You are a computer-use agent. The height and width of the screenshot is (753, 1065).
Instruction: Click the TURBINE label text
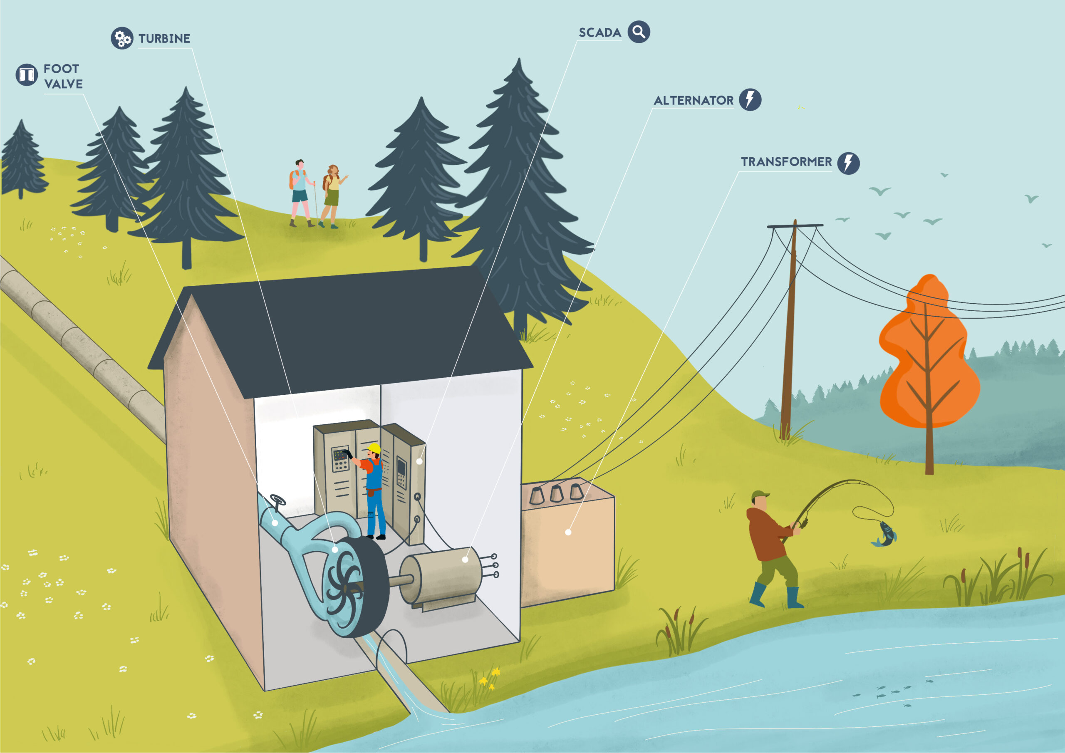click(x=164, y=39)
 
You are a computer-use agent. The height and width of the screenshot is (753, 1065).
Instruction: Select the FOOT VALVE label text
click(x=63, y=76)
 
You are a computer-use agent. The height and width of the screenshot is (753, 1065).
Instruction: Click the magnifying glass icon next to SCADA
click(x=639, y=32)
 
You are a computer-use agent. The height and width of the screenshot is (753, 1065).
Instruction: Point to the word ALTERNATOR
click(x=693, y=100)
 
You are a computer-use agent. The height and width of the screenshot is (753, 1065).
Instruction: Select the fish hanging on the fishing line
click(x=885, y=534)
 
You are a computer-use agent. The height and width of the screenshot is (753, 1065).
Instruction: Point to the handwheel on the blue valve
click(x=277, y=500)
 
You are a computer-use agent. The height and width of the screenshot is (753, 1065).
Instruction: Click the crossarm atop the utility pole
click(x=795, y=226)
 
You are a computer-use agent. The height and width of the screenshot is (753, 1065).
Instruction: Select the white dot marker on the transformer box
click(x=568, y=532)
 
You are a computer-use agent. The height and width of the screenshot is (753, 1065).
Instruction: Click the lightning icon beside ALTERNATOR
click(x=750, y=100)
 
